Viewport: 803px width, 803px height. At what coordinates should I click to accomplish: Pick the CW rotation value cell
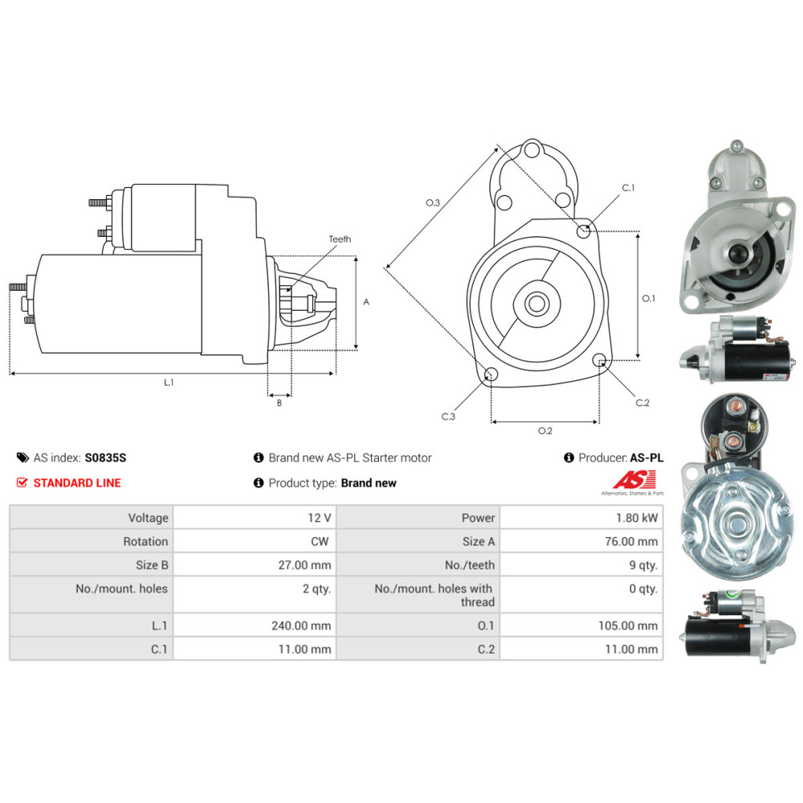tap(319, 542)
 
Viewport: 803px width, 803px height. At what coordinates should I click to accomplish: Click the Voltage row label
tap(148, 518)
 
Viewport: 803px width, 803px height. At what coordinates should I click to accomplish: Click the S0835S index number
tap(105, 458)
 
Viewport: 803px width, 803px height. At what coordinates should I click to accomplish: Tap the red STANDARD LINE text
tap(77, 483)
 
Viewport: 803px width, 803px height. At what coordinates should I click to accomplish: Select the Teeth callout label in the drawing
tap(340, 239)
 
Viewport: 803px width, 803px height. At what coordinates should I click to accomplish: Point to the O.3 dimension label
tap(433, 202)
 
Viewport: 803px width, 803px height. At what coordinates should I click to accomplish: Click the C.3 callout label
tap(448, 417)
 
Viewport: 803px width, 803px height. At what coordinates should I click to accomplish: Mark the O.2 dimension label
tap(544, 431)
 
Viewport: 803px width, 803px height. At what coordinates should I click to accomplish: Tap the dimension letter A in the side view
tap(366, 302)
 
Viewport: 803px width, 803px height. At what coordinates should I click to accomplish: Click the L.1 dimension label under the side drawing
tap(169, 383)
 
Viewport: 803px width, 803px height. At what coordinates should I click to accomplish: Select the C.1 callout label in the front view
tap(628, 188)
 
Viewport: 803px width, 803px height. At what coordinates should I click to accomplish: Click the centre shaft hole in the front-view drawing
tap(536, 303)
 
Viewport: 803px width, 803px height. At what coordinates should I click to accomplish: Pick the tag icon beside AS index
tap(22, 458)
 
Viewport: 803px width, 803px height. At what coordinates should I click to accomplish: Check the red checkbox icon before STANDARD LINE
tap(22, 483)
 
